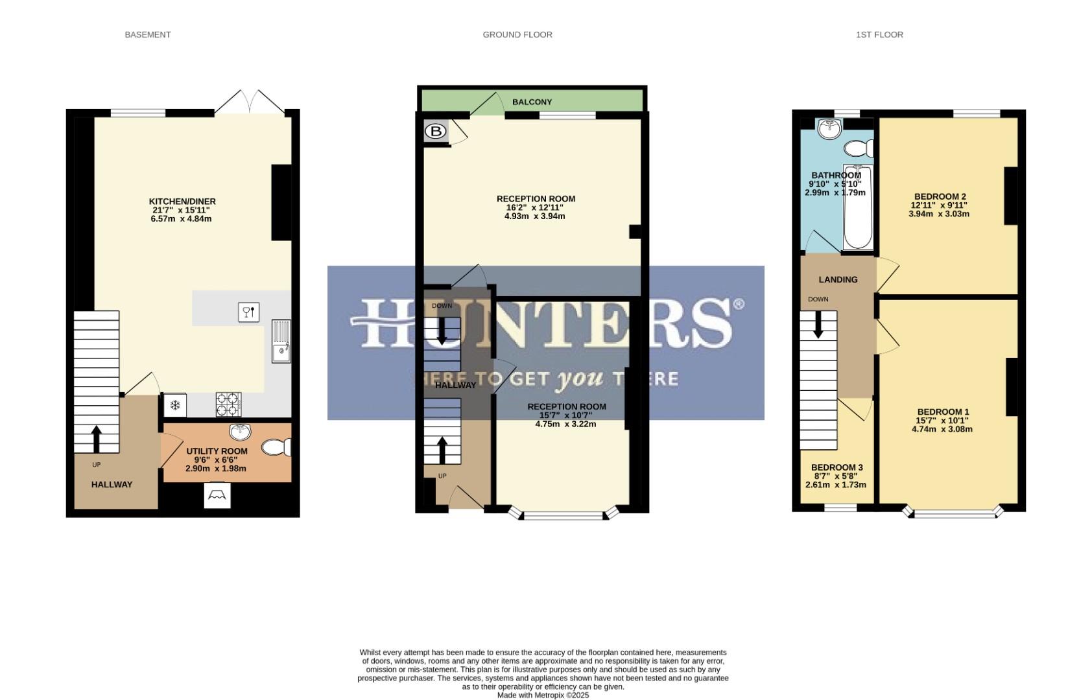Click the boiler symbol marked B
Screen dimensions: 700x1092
click(436, 132)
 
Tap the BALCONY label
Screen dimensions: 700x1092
click(532, 102)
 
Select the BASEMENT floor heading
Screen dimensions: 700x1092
click(148, 35)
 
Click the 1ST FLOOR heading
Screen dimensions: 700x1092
click(879, 35)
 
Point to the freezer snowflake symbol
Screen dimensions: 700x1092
click(174, 406)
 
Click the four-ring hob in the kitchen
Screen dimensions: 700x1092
click(228, 405)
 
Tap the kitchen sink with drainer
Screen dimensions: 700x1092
click(281, 342)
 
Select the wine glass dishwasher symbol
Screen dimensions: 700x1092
click(249, 312)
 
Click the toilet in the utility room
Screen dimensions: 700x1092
click(277, 448)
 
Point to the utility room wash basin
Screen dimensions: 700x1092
click(241, 431)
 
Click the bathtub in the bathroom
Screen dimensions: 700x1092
click(858, 207)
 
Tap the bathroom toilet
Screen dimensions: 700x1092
click(860, 149)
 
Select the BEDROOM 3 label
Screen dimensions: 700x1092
click(837, 467)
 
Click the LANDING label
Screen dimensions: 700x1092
click(838, 279)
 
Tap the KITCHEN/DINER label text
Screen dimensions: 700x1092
click(182, 202)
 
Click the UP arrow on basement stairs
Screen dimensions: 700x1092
click(97, 439)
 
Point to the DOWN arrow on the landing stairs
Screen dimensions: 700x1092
click(818, 324)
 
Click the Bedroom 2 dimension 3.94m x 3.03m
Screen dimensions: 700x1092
click(939, 214)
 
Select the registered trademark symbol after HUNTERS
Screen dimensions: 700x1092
click(738, 303)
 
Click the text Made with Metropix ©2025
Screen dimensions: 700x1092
click(543, 695)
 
